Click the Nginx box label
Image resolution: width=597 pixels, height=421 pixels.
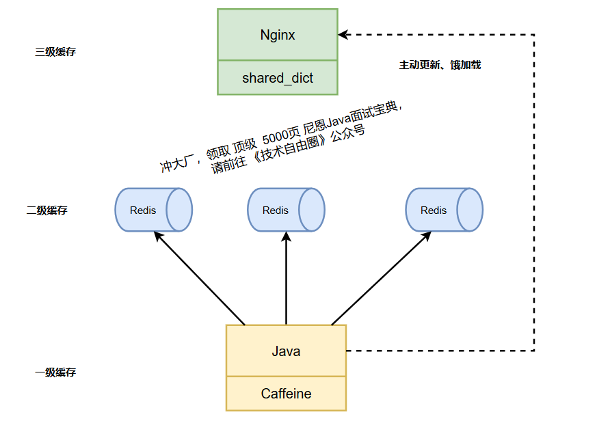tap(277, 35)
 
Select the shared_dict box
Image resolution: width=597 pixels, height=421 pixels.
tap(277, 78)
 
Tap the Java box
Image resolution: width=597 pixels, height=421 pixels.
tap(286, 351)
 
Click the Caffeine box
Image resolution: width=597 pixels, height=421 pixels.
tap(286, 394)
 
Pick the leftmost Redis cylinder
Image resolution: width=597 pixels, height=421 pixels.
tap(152, 210)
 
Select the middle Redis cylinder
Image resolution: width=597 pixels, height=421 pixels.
tap(285, 210)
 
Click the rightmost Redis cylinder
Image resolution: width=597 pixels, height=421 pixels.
tap(444, 210)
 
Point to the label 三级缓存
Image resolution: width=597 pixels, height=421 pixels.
tap(55, 52)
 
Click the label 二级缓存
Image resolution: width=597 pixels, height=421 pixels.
tap(47, 210)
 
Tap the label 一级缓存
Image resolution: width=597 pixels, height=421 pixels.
tap(55, 372)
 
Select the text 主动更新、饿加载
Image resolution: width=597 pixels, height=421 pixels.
tap(440, 65)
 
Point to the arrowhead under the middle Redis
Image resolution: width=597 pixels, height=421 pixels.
tap(286, 236)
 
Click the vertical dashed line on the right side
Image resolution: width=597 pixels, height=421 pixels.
tap(534, 191)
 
